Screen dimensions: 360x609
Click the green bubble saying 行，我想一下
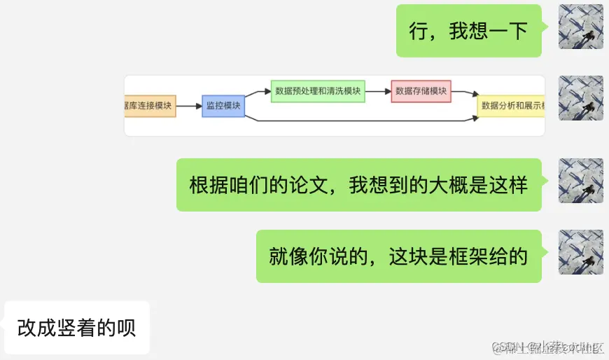[469, 31]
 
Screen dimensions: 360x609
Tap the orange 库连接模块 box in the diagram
[150, 106]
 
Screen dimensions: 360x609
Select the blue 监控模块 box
[223, 106]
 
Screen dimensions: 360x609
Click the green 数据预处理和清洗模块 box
[318, 91]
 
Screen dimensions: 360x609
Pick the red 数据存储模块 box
[421, 91]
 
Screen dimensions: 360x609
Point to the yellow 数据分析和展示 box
[511, 106]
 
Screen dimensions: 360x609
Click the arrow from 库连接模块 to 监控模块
[188, 106]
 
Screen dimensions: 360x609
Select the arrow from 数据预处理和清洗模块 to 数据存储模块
[378, 91]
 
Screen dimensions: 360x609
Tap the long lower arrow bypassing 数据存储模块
[364, 120]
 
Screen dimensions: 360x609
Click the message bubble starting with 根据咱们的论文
[358, 185]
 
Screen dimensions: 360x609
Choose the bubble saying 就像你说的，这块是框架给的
[398, 256]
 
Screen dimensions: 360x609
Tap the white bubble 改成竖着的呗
[77, 327]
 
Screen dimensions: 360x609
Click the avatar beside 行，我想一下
[580, 27]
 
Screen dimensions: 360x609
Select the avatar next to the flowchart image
[580, 98]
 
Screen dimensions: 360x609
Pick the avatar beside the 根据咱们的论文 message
[580, 181]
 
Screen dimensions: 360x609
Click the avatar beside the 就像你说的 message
[580, 252]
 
